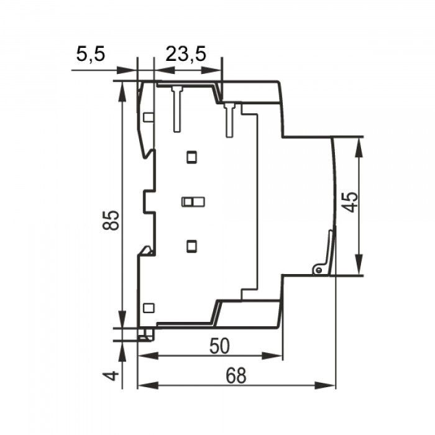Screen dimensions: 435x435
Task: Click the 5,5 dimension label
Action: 91,54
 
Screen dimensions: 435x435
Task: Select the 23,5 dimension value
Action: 186,54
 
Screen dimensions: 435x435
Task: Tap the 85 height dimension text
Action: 111,221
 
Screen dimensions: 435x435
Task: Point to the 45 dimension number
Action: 349,202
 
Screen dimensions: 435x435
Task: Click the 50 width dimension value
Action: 219,346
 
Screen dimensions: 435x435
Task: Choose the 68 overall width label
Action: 236,375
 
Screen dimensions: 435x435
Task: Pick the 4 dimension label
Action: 111,376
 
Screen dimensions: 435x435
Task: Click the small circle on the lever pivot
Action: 318,270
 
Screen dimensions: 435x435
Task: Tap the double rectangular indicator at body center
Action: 193,202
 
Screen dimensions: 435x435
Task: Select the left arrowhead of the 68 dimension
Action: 148,385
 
